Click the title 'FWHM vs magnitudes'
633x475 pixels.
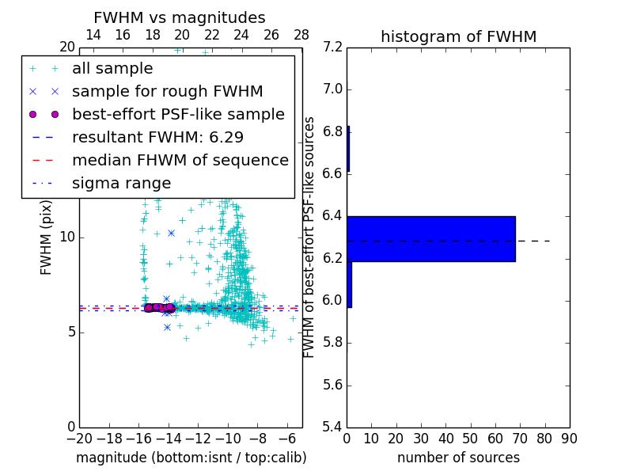(179, 18)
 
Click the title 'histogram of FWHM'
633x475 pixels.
(458, 36)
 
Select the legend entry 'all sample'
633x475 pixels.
(112, 69)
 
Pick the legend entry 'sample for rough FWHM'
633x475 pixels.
(167, 92)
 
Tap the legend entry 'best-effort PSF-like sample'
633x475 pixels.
(178, 115)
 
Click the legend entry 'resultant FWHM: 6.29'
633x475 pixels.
(157, 138)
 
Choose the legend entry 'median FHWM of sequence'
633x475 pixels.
(180, 161)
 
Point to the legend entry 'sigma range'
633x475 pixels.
(121, 184)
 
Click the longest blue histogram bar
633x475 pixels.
(431, 238)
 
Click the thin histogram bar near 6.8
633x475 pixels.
(348, 149)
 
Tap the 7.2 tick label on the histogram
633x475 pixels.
(333, 47)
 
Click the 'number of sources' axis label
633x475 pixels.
(458, 458)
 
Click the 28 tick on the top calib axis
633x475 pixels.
(301, 35)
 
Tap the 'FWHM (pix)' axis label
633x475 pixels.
(47, 237)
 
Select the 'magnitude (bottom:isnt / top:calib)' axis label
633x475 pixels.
(191, 458)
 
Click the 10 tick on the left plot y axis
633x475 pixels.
(66, 237)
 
